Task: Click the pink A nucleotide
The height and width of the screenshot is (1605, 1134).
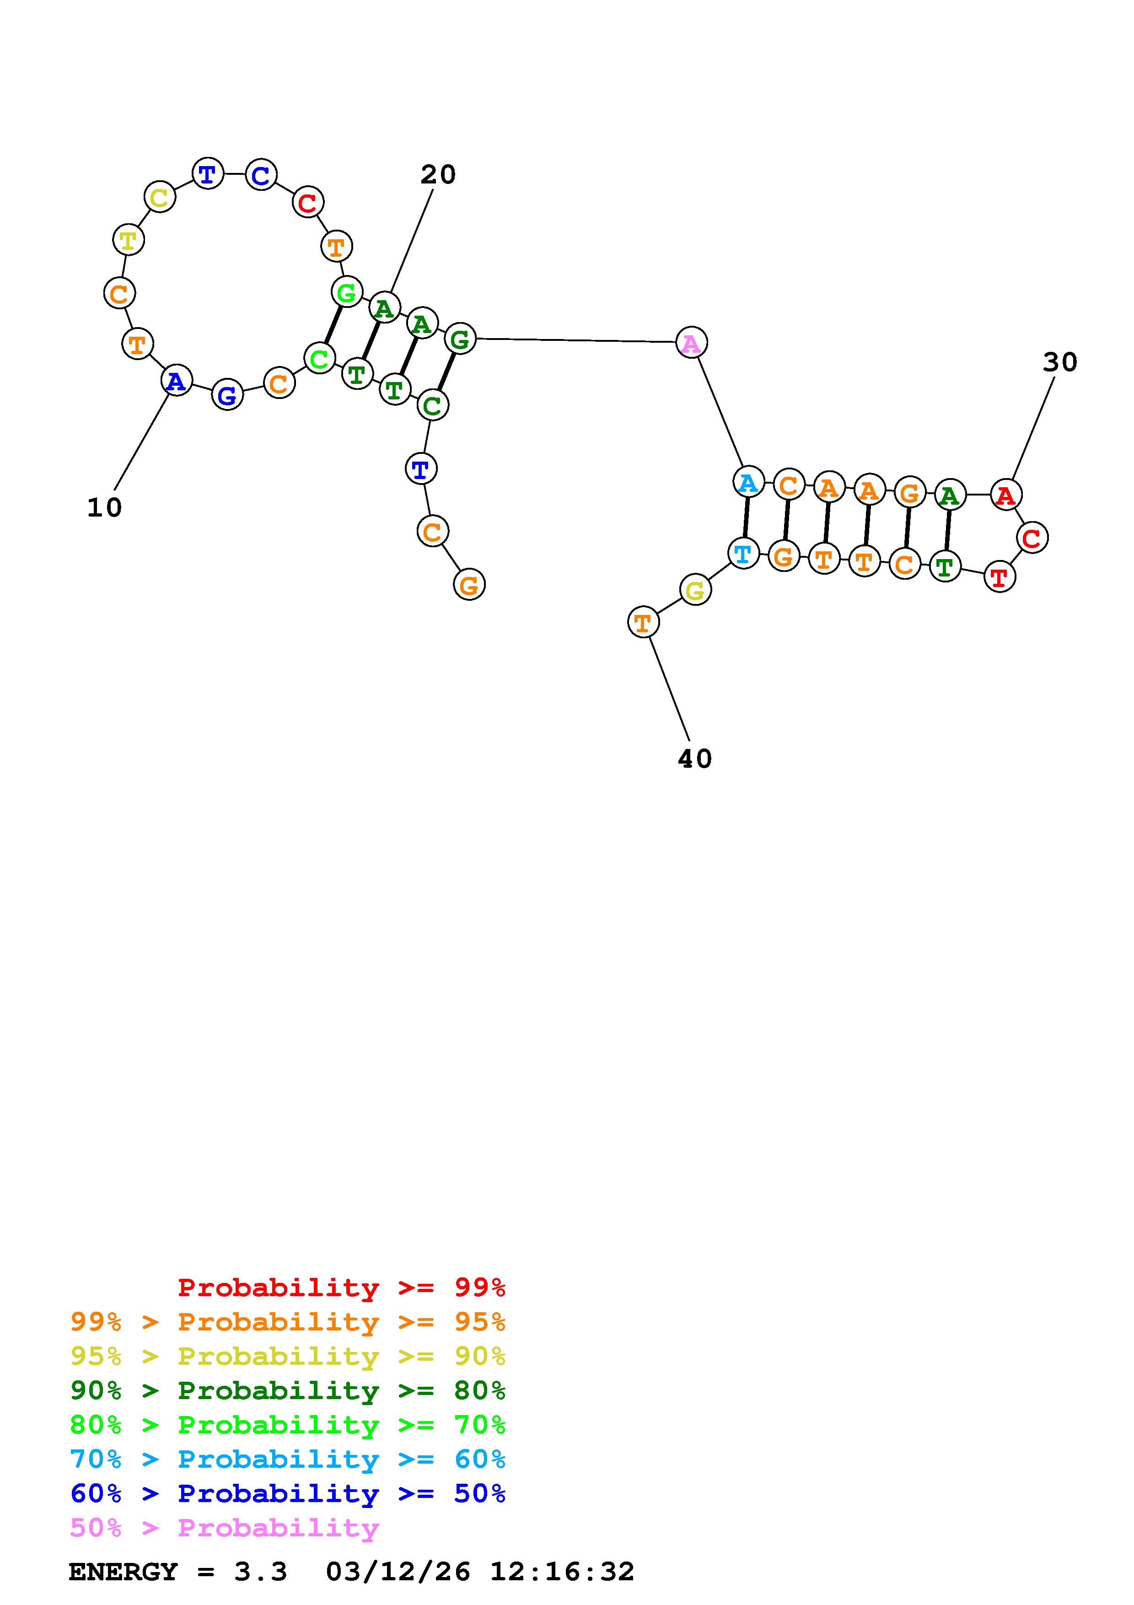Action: pyautogui.click(x=691, y=343)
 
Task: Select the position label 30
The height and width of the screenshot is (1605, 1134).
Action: pyautogui.click(x=1060, y=362)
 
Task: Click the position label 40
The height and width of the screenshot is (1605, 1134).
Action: pyautogui.click(x=694, y=759)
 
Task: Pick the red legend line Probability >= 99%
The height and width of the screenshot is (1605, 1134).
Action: pyautogui.click(x=342, y=1287)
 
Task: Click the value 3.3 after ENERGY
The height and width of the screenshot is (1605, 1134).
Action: pyautogui.click(x=261, y=1572)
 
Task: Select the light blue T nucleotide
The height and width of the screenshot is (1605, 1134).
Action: pyautogui.click(x=743, y=554)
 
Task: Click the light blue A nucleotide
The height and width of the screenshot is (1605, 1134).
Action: pyautogui.click(x=747, y=482)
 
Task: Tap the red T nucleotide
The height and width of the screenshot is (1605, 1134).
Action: pyautogui.click(x=1000, y=577)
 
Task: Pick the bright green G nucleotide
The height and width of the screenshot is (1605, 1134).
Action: pyautogui.click(x=347, y=292)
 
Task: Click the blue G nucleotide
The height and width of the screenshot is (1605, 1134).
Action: pyautogui.click(x=227, y=396)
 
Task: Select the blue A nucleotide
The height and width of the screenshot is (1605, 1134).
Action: pyautogui.click(x=177, y=381)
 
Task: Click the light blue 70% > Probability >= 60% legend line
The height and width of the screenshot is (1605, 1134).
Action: pyautogui.click(x=288, y=1459)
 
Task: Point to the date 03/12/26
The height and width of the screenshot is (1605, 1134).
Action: pyautogui.click(x=398, y=1572)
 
